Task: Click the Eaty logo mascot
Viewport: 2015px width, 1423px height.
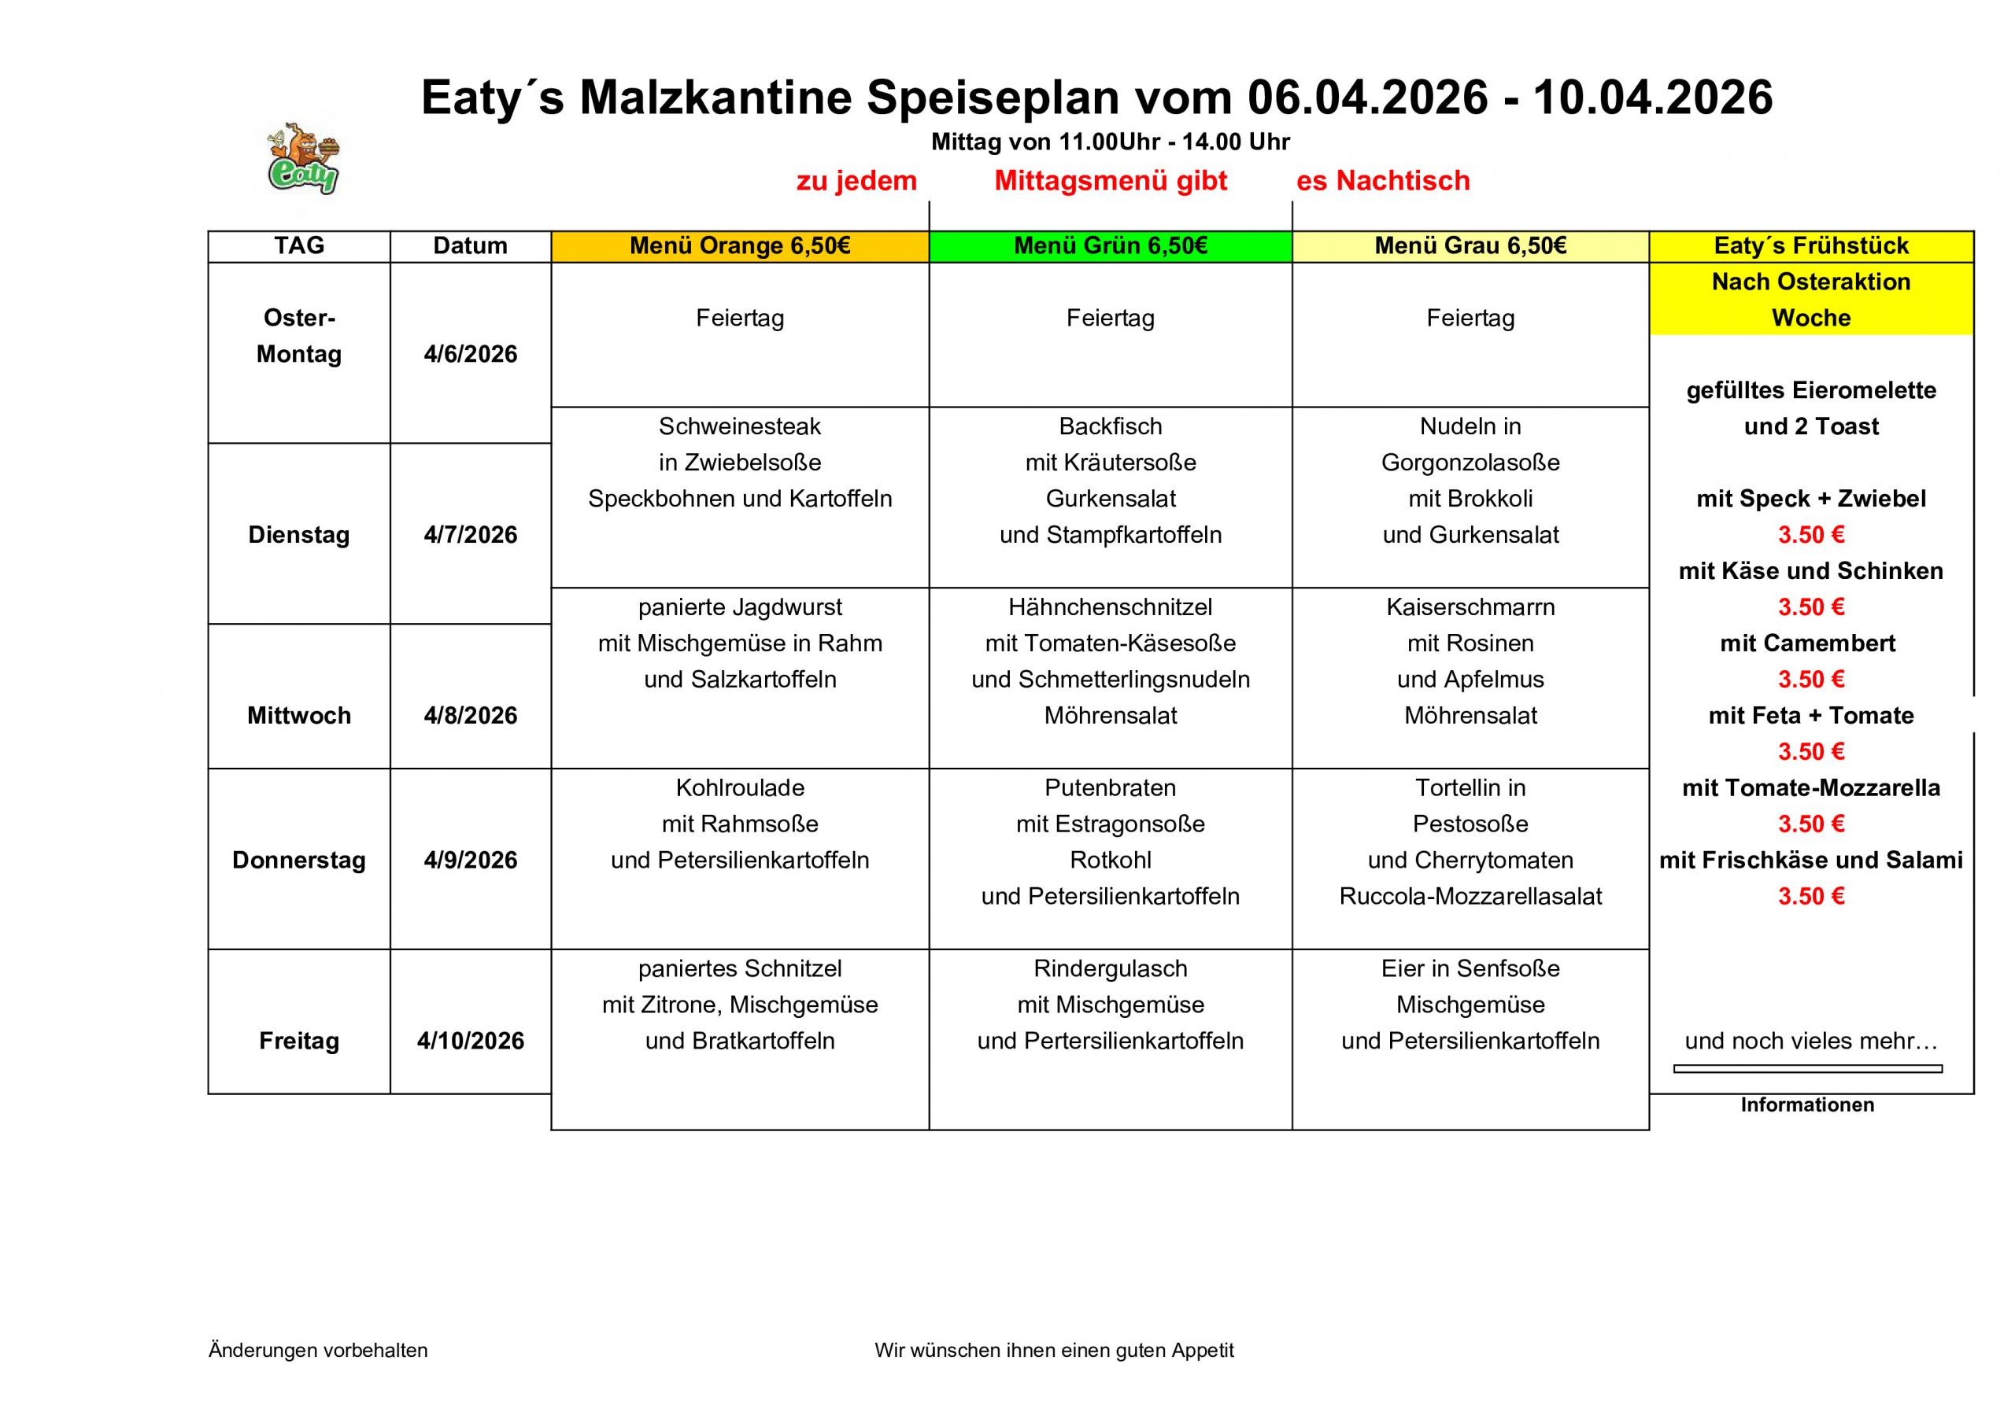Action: [304, 159]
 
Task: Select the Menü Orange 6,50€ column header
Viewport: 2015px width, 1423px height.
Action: [740, 245]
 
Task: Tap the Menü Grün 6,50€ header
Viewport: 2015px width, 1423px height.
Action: [1110, 245]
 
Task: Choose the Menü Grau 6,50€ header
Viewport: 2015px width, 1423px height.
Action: [1470, 245]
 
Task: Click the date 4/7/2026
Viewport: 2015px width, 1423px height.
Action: [471, 534]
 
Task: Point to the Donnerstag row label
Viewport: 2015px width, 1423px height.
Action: [298, 860]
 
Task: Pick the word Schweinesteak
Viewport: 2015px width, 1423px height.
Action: [740, 426]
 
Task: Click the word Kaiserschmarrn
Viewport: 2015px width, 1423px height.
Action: [1470, 607]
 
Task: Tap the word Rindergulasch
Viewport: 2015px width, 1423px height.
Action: [1110, 968]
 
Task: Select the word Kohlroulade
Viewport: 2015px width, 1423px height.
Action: [740, 788]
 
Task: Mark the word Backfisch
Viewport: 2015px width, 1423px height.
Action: [1110, 426]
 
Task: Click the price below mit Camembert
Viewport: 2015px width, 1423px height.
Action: [1810, 679]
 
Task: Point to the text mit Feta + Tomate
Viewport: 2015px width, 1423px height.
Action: [1810, 715]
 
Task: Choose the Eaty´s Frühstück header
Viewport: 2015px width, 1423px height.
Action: [1810, 245]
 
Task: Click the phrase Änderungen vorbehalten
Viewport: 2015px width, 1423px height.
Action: [318, 1350]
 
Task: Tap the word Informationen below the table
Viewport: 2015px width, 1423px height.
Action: [1807, 1104]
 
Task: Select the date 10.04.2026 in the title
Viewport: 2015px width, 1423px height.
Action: [1653, 98]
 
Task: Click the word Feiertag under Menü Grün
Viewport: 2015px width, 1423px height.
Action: [1110, 318]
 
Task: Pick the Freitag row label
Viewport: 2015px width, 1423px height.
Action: [298, 1041]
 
